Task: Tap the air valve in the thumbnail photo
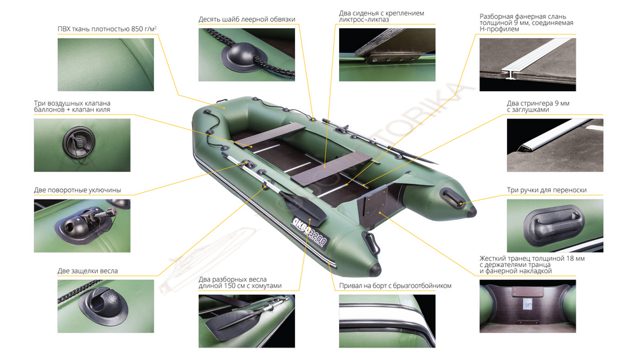pyautogui.click(x=79, y=142)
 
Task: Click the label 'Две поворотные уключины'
pyautogui.click(x=77, y=190)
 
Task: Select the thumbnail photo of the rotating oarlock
pyautogui.click(x=82, y=226)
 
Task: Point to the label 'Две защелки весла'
pyautogui.click(x=87, y=271)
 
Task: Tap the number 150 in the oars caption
pyautogui.click(x=231, y=285)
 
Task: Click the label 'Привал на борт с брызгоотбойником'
pyautogui.click(x=395, y=285)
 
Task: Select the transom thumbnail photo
pyautogui.click(x=527, y=306)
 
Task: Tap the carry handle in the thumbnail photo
pyautogui.click(x=554, y=226)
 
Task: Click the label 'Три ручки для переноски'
pyautogui.click(x=546, y=190)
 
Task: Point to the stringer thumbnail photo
pyautogui.click(x=555, y=145)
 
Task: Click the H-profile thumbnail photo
pyautogui.click(x=527, y=64)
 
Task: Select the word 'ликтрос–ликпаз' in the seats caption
pyautogui.click(x=363, y=20)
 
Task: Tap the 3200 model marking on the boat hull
pyautogui.click(x=317, y=237)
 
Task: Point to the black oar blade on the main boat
pyautogui.click(x=304, y=207)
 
